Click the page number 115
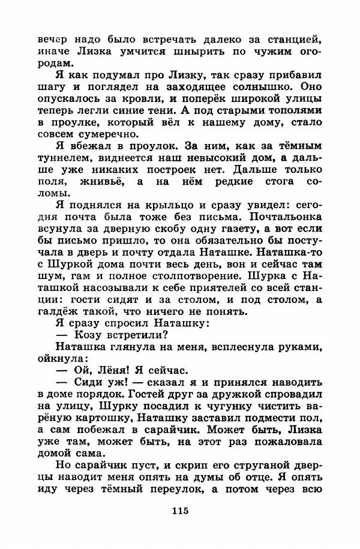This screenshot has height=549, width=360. pos(179,511)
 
